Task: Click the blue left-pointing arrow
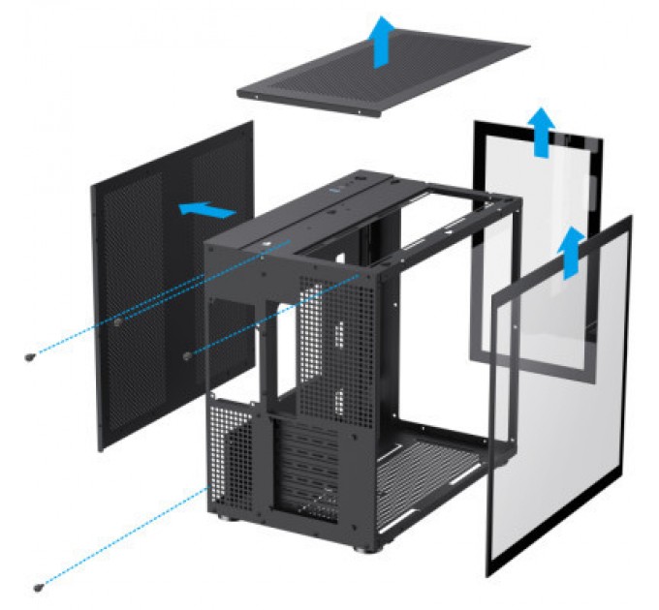pyautogui.click(x=207, y=208)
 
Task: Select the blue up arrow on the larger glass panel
pyautogui.click(x=574, y=251)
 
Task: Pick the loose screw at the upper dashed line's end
pyautogui.click(x=29, y=357)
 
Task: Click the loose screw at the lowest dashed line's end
pyautogui.click(x=39, y=585)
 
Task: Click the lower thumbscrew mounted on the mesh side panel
pyautogui.click(x=187, y=353)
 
